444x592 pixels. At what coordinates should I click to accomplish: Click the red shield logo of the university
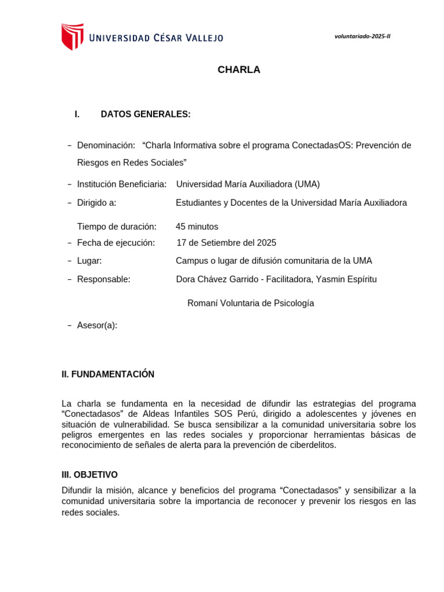(72, 36)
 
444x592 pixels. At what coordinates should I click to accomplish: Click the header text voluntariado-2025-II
(362, 36)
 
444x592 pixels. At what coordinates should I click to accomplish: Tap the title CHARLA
(239, 70)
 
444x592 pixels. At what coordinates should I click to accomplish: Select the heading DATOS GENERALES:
(145, 114)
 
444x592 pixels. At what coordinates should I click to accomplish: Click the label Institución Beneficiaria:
(121, 184)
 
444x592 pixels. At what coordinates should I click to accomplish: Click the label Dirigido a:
(97, 203)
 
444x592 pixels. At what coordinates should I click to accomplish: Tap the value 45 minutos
(197, 227)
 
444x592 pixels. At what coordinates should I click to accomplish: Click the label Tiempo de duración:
(116, 227)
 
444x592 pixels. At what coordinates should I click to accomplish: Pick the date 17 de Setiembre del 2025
(226, 243)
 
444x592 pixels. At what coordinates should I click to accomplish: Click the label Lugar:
(89, 261)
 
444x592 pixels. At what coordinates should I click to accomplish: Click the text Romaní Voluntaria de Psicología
(250, 304)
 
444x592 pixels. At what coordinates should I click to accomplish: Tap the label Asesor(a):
(97, 325)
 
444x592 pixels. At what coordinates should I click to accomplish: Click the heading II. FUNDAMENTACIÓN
(108, 375)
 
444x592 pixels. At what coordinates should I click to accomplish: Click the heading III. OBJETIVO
(90, 475)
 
